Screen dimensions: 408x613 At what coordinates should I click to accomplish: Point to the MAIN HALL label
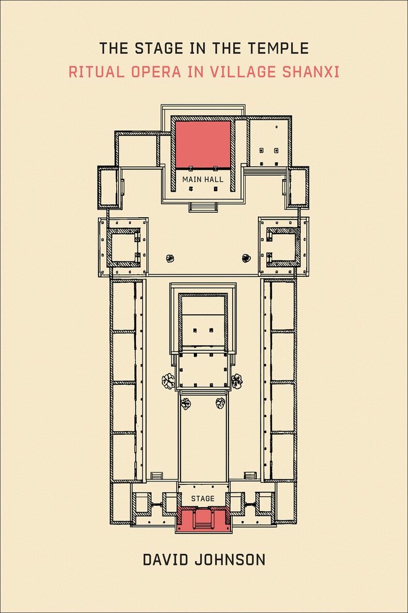pos(202,179)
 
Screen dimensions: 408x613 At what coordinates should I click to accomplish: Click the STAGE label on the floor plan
pos(202,498)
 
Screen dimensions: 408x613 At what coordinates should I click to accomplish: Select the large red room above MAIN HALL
pos(202,144)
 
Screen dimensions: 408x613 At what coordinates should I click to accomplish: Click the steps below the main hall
pos(202,207)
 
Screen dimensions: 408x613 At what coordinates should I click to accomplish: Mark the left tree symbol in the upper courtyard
pos(170,258)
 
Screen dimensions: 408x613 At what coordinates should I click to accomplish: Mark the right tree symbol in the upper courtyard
pos(246,258)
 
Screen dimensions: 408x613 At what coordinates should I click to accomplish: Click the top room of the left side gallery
pos(123,306)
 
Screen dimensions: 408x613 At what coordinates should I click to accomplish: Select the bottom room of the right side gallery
pos(283,456)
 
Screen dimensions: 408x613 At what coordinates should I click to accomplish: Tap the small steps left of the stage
pos(156,476)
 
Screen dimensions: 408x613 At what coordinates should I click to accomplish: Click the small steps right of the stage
pos(250,476)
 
